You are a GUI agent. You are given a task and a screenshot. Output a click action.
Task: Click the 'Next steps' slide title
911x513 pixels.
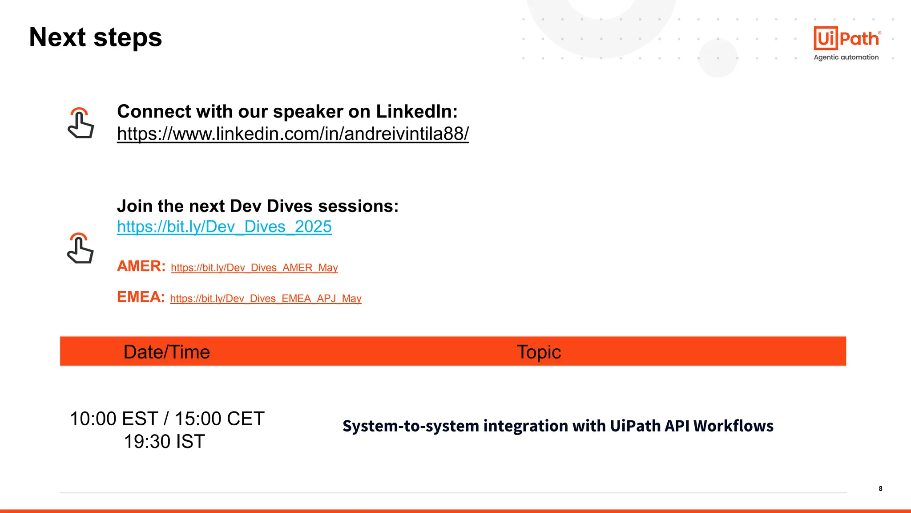(x=95, y=37)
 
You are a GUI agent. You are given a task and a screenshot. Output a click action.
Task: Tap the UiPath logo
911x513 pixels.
(x=847, y=38)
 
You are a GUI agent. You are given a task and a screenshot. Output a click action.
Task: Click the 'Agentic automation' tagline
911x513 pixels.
(x=846, y=57)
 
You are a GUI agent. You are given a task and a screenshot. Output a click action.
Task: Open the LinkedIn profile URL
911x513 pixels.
(x=293, y=134)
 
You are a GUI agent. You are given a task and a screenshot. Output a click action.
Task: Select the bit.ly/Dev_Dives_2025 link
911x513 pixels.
(x=224, y=227)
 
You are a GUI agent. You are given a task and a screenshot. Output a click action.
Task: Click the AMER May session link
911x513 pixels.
(x=254, y=268)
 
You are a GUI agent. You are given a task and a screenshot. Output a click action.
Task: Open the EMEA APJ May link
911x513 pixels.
(x=266, y=298)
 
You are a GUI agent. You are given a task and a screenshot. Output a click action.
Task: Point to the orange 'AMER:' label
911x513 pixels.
(x=141, y=266)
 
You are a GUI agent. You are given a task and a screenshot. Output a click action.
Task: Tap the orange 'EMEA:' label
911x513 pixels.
(x=141, y=297)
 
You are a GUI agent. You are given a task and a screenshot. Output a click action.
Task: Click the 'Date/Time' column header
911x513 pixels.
(x=166, y=352)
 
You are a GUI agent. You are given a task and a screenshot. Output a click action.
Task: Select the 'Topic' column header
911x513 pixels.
(x=539, y=352)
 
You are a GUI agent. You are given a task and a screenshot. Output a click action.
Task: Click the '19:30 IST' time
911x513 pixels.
(x=164, y=442)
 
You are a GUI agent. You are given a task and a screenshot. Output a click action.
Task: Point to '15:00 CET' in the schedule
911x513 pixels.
(x=219, y=419)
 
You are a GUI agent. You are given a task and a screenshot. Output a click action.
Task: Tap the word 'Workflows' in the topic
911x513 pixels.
(x=733, y=426)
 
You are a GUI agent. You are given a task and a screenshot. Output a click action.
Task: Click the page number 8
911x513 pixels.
(x=880, y=489)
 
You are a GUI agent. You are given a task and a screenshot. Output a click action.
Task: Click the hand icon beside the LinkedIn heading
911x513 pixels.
(x=81, y=123)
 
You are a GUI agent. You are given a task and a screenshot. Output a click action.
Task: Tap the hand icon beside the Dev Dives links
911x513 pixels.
(x=80, y=248)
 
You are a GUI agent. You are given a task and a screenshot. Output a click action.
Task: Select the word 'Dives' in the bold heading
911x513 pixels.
(x=290, y=206)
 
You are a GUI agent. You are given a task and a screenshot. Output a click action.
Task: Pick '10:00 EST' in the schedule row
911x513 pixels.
(x=114, y=419)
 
